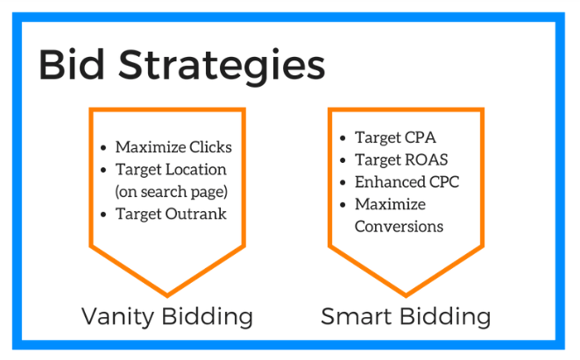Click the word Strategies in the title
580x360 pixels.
pyautogui.click(x=223, y=67)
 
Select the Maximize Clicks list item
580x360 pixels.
pyautogui.click(x=173, y=147)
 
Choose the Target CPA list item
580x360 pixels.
pyautogui.click(x=395, y=138)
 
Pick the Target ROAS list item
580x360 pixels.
pyautogui.click(x=400, y=159)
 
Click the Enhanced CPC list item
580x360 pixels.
pyautogui.click(x=407, y=182)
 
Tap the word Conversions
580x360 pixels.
pyautogui.click(x=399, y=227)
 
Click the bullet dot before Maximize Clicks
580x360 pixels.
pyautogui.click(x=105, y=148)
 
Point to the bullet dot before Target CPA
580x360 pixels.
pyautogui.click(x=343, y=138)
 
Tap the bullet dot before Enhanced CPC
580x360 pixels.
pyautogui.click(x=343, y=183)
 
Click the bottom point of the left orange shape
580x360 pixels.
pyautogui.click(x=166, y=293)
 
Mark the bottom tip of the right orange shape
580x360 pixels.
pyautogui.click(x=405, y=293)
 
